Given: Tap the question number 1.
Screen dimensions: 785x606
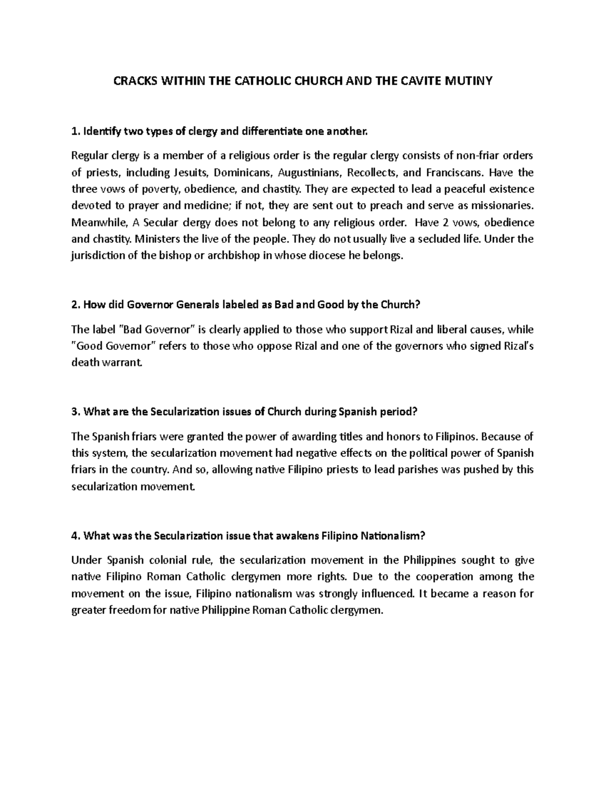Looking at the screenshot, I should click(x=75, y=132).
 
